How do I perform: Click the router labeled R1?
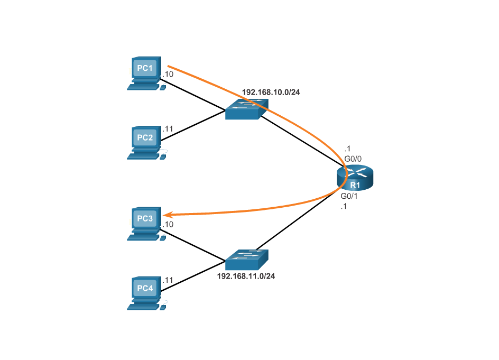(x=355, y=177)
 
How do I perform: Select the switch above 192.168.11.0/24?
(x=246, y=260)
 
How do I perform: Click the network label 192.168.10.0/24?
(x=271, y=92)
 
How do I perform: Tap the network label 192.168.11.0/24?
(x=246, y=276)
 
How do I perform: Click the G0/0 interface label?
(x=353, y=158)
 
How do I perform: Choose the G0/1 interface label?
(x=349, y=196)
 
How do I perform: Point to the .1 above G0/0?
(x=347, y=149)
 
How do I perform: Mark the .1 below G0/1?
(x=344, y=207)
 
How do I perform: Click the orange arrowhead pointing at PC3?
(x=167, y=215)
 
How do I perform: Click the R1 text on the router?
(x=355, y=186)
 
